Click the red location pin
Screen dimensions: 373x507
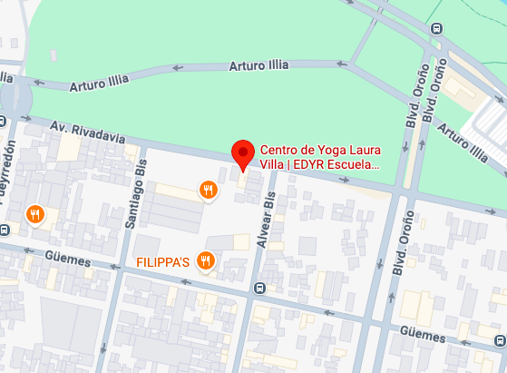click(x=242, y=154)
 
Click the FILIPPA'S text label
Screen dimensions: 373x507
click(x=162, y=261)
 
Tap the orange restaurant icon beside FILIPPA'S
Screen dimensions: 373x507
click(x=206, y=261)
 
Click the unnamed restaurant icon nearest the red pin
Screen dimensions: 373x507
click(x=209, y=190)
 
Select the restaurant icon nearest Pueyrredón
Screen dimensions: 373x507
click(x=35, y=214)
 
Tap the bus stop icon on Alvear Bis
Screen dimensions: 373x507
click(x=259, y=290)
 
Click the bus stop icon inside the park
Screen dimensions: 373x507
click(x=437, y=28)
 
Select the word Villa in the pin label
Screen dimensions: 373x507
click(x=273, y=165)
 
